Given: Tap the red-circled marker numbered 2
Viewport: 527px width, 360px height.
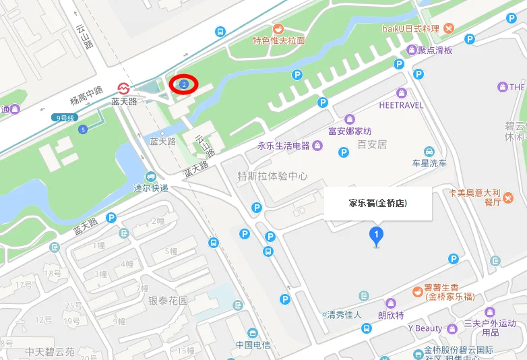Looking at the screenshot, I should pyautogui.click(x=183, y=84).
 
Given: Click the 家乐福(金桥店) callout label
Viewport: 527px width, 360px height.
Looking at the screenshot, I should pyautogui.click(x=377, y=202).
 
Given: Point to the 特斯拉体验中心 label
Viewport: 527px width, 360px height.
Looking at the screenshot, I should pyautogui.click(x=272, y=176).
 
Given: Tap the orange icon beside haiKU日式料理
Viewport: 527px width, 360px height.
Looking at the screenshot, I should pyautogui.click(x=449, y=28).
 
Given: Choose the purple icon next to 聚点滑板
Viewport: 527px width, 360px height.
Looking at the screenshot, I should pyautogui.click(x=412, y=50).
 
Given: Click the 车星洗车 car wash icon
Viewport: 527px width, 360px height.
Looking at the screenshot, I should pyautogui.click(x=429, y=151).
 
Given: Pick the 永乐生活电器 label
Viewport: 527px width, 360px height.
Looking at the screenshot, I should pyautogui.click(x=283, y=146).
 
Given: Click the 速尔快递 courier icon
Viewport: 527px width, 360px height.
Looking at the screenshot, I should pyautogui.click(x=141, y=177).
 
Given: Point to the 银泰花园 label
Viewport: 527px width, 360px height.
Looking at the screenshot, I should pyautogui.click(x=168, y=301).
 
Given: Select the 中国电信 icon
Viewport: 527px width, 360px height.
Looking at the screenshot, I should pyautogui.click(x=253, y=333).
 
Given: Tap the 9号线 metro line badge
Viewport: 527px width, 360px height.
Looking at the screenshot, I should pyautogui.click(x=65, y=117).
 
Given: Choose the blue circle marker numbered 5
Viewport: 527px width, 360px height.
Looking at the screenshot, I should pyautogui.click(x=83, y=129).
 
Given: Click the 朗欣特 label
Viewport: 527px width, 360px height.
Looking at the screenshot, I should pyautogui.click(x=390, y=315).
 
